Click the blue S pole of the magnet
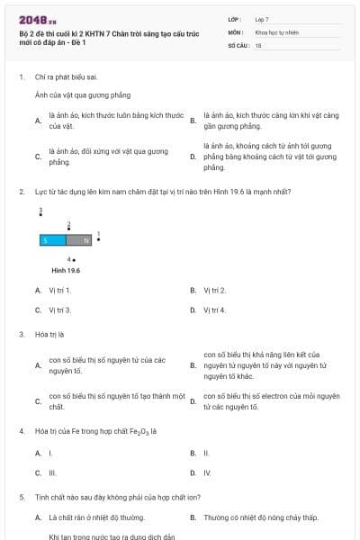(52, 240)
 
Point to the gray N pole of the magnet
(79, 240)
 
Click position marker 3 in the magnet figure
(40, 211)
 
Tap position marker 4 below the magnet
(71, 259)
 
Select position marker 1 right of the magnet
(98, 237)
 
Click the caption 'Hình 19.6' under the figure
(66, 270)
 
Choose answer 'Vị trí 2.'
(214, 290)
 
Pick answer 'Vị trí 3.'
(60, 310)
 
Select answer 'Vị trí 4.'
(214, 310)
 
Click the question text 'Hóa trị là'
(49, 334)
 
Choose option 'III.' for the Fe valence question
(53, 472)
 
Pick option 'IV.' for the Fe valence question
(207, 472)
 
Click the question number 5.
(22, 497)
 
